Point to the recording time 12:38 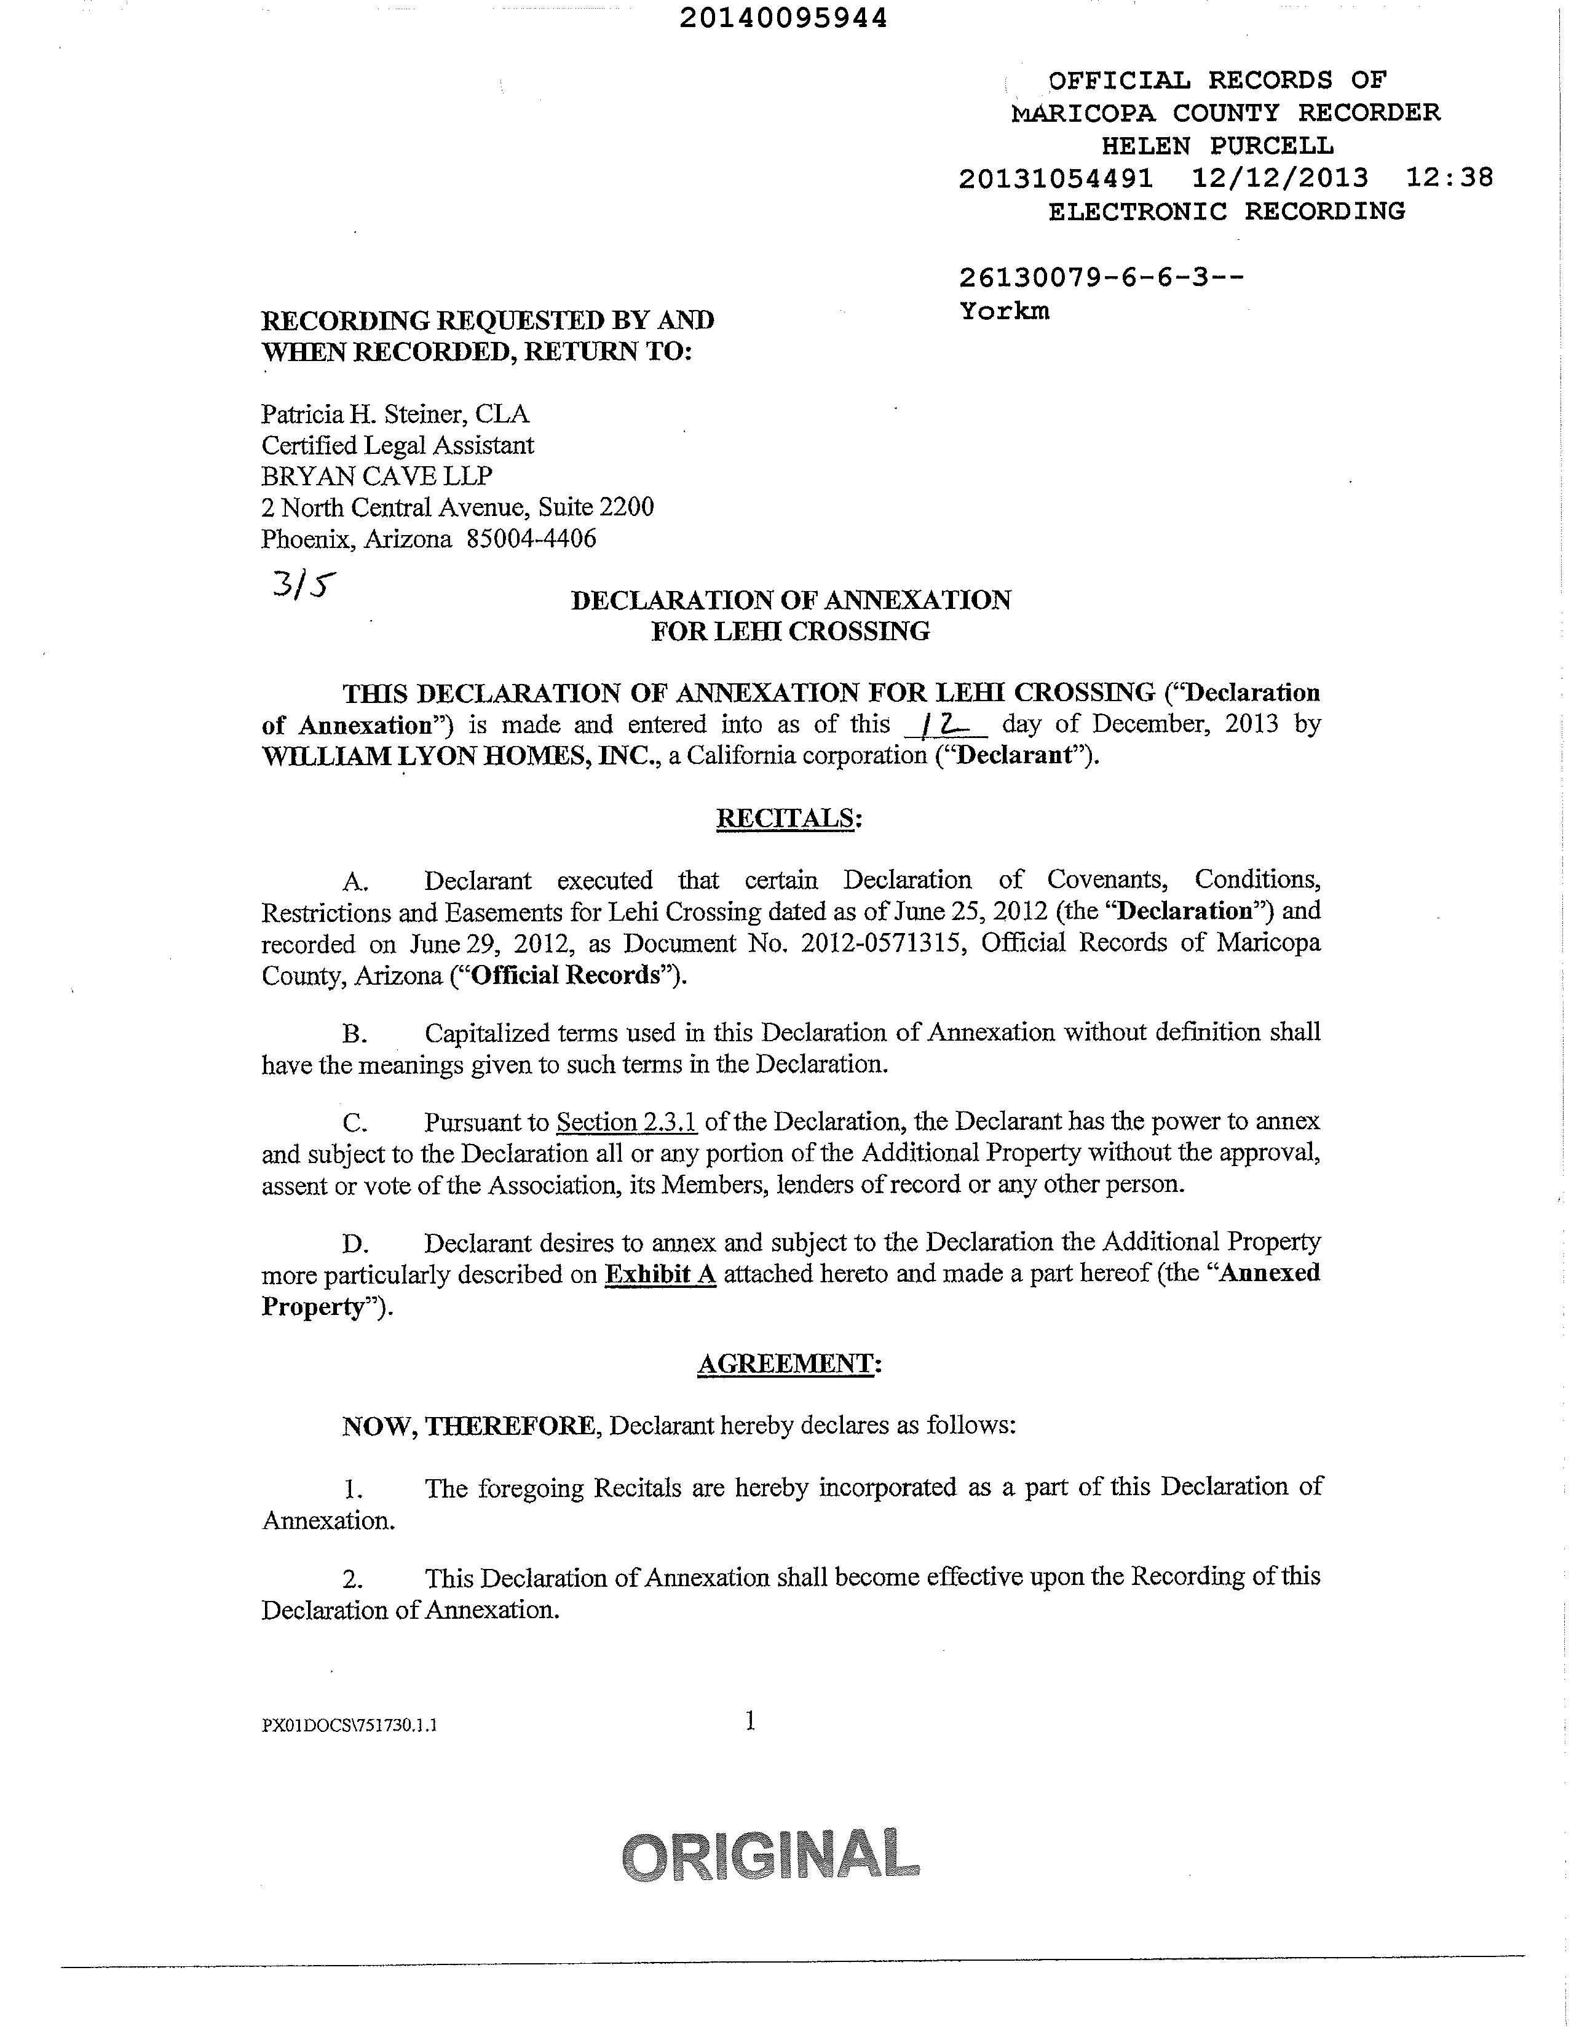(x=1448, y=177)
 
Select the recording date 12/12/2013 (x=1279, y=177)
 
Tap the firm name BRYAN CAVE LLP (x=377, y=475)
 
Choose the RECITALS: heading (x=788, y=818)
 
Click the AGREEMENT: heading (x=789, y=1364)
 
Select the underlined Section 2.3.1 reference (x=627, y=1121)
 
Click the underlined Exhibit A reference (x=660, y=1274)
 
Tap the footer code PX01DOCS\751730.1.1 (x=350, y=1725)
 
